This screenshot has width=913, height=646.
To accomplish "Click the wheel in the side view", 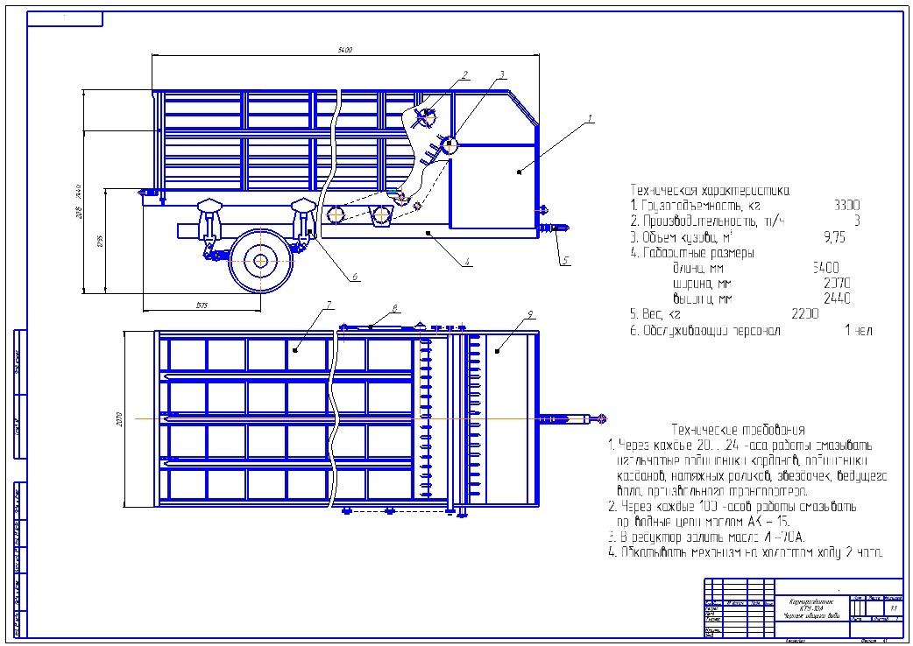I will click(x=260, y=259).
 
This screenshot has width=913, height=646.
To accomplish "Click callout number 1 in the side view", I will click(x=591, y=117).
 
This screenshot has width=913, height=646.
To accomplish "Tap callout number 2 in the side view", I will click(x=466, y=74).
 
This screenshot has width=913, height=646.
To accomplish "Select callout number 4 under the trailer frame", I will click(x=467, y=261).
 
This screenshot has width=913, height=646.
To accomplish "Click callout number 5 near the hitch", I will click(x=565, y=260).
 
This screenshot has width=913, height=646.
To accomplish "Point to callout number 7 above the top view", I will click(x=328, y=305).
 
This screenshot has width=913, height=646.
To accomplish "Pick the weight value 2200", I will click(x=804, y=313).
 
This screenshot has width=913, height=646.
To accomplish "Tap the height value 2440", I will click(x=837, y=298).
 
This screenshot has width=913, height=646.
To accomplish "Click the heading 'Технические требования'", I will click(x=737, y=430).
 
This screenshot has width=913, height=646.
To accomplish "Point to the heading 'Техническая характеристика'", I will click(x=710, y=189).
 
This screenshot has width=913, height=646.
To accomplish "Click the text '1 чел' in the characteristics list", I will click(x=858, y=330).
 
